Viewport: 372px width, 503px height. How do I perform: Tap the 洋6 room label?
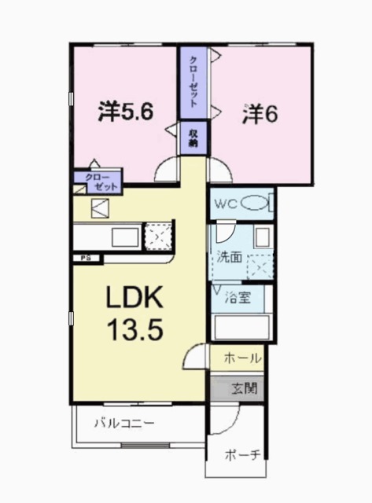click(x=259, y=113)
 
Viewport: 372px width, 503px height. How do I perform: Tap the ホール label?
click(x=242, y=358)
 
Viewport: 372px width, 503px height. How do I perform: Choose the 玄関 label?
click(x=243, y=387)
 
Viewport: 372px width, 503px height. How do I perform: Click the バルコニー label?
click(x=125, y=423)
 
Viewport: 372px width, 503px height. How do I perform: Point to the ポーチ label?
click(x=241, y=456)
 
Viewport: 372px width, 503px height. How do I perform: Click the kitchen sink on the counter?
click(x=123, y=236)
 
